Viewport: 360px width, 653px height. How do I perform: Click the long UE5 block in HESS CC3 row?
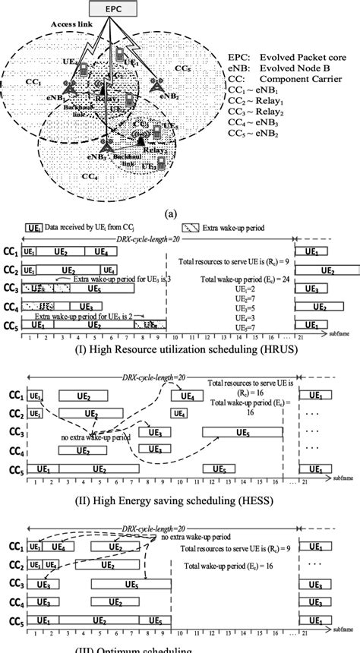[242, 431]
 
